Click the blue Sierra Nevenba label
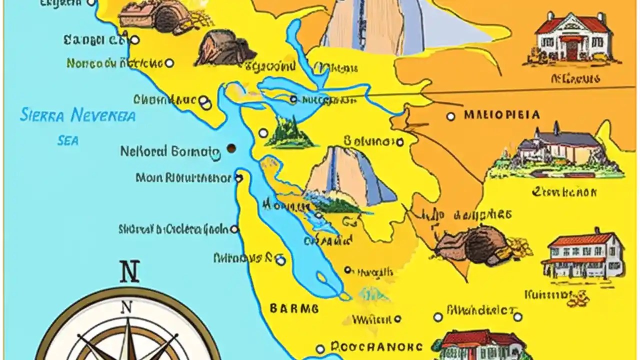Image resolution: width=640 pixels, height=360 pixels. click(x=77, y=115)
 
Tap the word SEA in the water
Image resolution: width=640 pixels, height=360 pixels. click(x=68, y=141)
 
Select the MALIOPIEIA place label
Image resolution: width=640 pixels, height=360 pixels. click(x=501, y=115)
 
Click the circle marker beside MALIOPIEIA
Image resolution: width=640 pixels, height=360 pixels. click(x=450, y=116)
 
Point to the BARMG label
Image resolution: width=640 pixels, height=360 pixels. click(x=294, y=308)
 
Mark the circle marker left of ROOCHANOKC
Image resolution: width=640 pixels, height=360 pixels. click(x=320, y=349)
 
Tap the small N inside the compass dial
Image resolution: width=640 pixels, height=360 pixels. click(x=127, y=307)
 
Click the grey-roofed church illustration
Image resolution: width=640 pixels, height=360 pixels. click(x=557, y=147)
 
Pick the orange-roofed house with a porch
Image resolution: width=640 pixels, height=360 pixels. click(x=583, y=253)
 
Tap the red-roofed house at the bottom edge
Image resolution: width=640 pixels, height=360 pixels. click(x=480, y=345)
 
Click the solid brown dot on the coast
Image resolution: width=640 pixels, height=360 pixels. click(x=231, y=148)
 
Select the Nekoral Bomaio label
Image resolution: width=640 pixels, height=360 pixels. click(x=169, y=151)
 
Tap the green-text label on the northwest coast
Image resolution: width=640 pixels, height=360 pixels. click(x=114, y=63)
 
